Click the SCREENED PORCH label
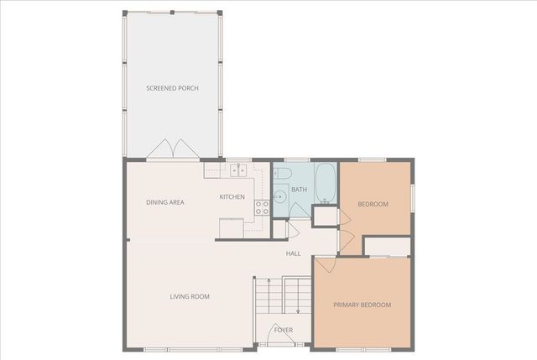point(172,88)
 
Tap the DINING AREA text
point(164,202)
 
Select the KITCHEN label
point(232,197)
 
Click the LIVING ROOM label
point(190,296)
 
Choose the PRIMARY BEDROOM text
point(362,305)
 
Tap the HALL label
point(293,253)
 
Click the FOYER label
point(284,330)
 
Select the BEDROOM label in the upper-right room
point(373,204)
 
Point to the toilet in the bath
point(282,174)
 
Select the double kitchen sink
point(237,170)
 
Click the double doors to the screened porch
point(173,149)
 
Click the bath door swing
point(292,230)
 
